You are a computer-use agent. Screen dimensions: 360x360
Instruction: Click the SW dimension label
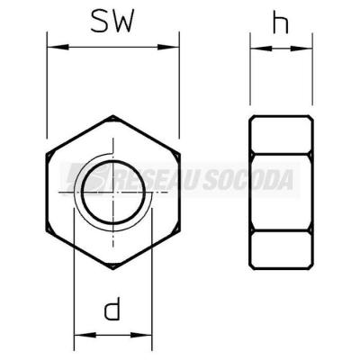point(112,21)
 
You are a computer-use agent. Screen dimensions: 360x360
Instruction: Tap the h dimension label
point(281,22)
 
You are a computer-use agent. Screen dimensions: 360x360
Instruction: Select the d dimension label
point(112,308)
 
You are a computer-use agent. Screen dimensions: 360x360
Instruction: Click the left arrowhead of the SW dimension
point(58,47)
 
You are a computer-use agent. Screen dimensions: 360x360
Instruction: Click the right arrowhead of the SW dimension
point(168,47)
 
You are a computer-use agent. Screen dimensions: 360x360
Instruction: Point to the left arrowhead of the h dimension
point(261,48)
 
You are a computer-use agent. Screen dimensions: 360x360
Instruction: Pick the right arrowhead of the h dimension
point(301,48)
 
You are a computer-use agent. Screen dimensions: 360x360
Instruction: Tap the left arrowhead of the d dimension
point(85,335)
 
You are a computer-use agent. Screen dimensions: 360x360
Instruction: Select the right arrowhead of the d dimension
point(141,335)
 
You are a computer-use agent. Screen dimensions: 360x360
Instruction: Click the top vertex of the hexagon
point(113,115)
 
